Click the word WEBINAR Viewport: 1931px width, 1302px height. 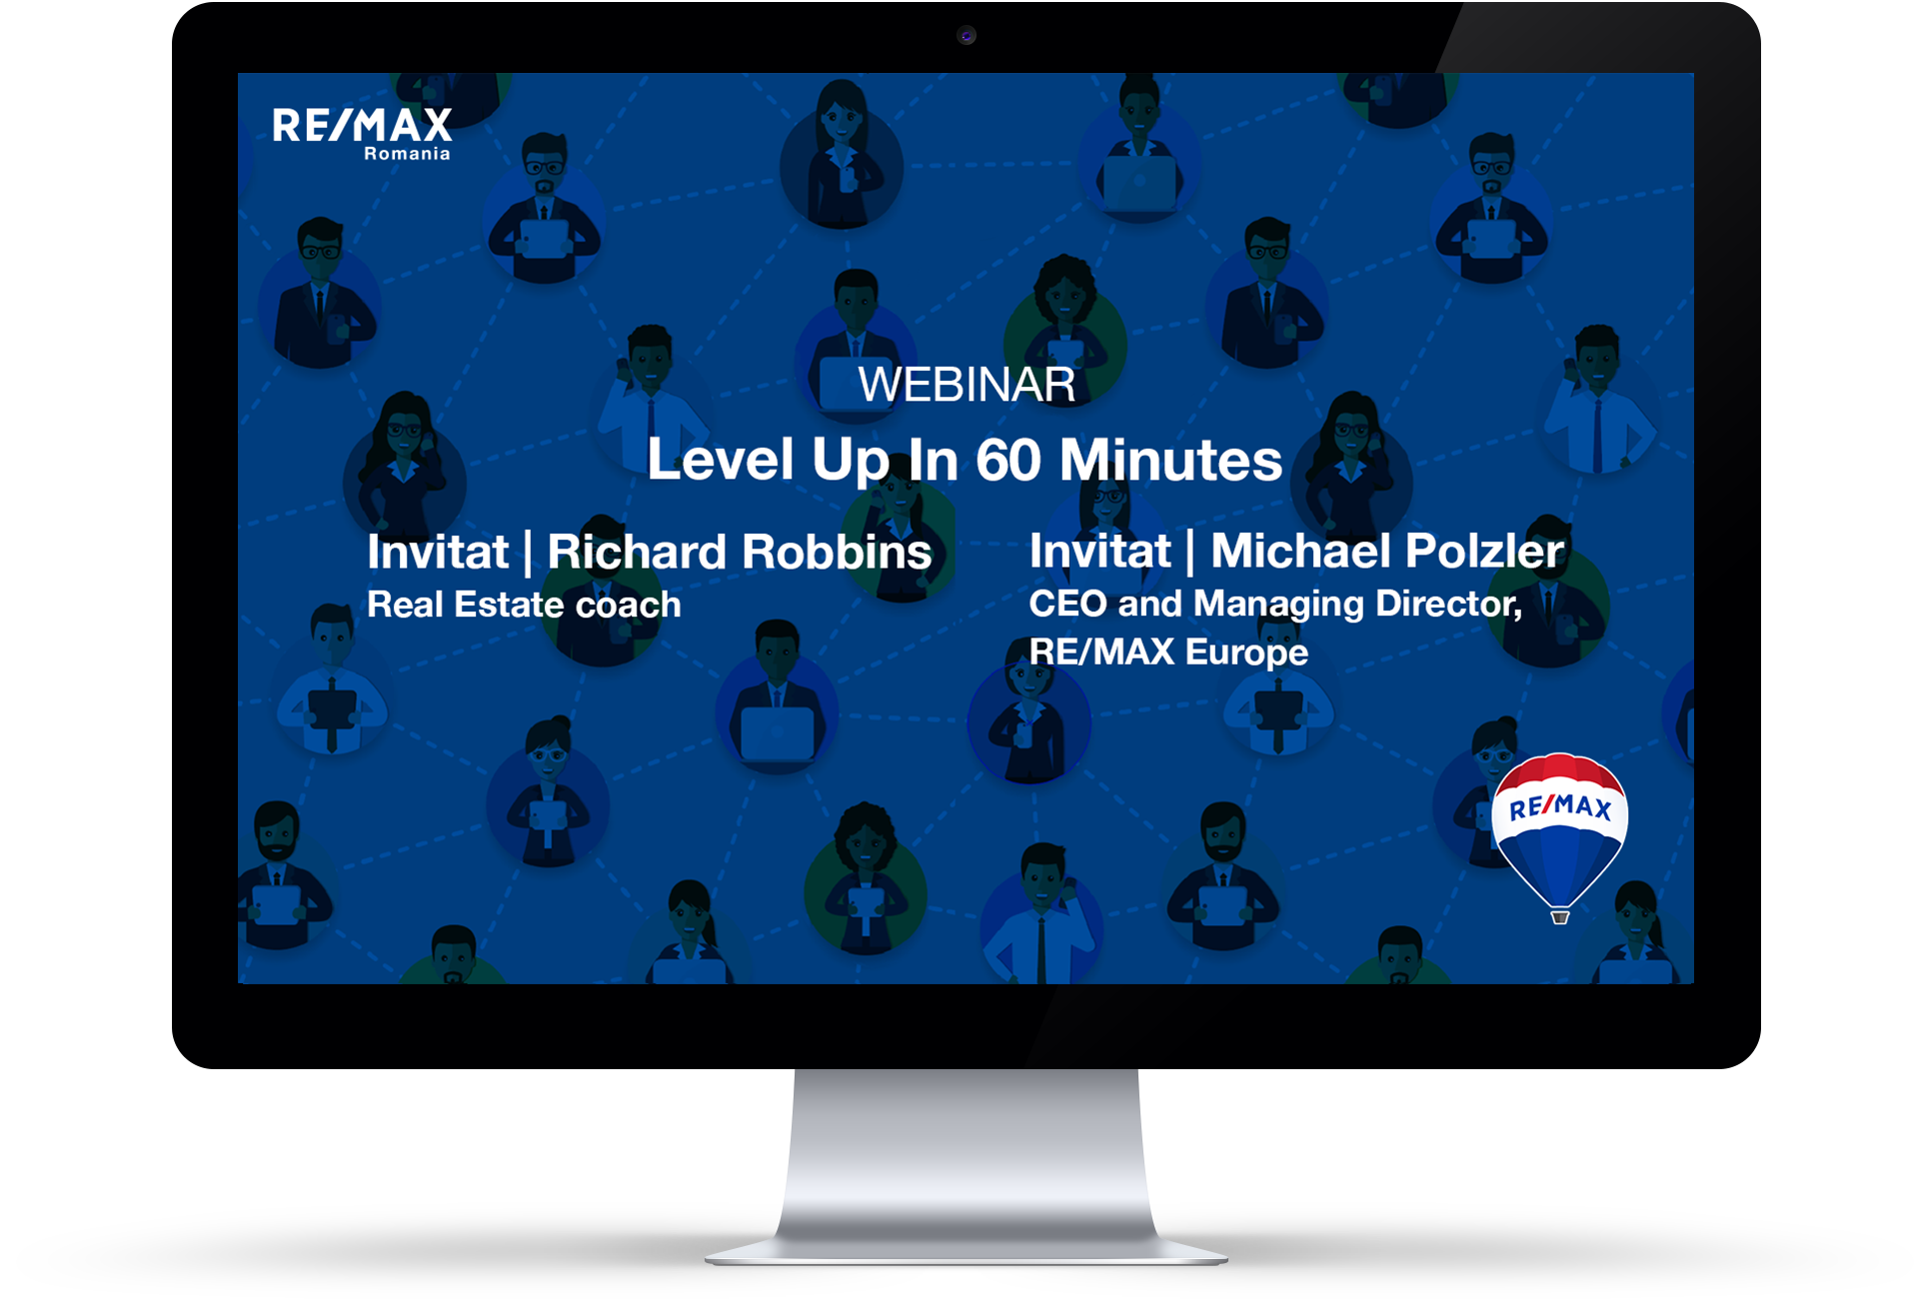[966, 385]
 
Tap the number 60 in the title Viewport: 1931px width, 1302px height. [1008, 460]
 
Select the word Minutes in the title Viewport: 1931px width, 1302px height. [1170, 460]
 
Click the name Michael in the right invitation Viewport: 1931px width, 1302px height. [1300, 551]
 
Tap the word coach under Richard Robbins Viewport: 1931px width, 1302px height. [629, 605]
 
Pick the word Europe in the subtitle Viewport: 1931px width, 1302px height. [1247, 652]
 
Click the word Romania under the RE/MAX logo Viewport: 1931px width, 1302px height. [407, 154]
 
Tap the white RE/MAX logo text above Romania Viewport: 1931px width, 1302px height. [362, 126]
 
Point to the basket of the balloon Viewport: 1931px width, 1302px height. [1560, 917]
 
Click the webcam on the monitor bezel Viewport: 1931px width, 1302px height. [966, 36]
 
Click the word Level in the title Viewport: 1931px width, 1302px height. [721, 460]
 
